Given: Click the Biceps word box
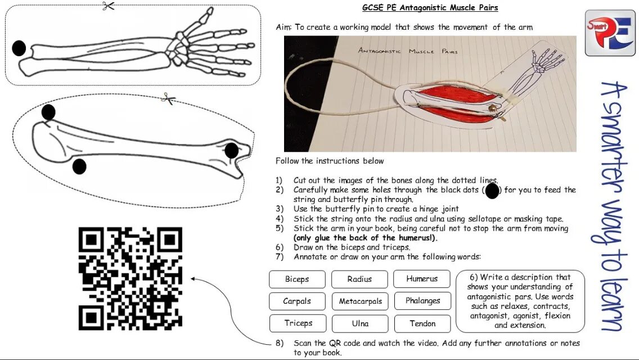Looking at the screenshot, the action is [297, 280].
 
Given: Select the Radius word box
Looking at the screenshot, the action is [359, 280].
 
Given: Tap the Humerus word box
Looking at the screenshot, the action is [422, 279].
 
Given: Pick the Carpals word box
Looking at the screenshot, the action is [297, 301].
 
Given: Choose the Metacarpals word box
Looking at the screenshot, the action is [360, 301].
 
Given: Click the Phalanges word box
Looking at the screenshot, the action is [422, 301].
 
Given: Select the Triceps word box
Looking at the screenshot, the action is [298, 323].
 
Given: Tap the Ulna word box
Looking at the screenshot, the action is [360, 323].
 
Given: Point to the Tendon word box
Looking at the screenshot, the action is [422, 323].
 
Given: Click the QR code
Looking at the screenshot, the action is [130, 278].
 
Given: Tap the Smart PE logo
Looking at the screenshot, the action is [609, 33].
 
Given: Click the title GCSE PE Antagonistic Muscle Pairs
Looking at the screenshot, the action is [430, 8].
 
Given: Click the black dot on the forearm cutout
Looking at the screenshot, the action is [19, 48].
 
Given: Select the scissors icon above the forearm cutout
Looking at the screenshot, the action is [109, 6].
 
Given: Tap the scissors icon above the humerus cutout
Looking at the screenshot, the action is [168, 100].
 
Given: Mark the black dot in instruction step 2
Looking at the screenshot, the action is [492, 191].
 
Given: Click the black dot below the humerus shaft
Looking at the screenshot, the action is [79, 166].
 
